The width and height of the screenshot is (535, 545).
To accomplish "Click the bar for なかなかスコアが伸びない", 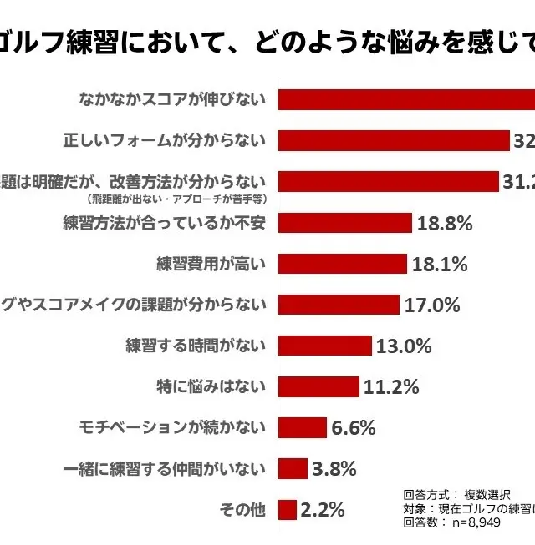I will [405, 99].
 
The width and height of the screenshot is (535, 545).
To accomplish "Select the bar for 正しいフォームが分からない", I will [394, 140].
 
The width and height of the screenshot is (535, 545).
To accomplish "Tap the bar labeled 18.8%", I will [345, 223].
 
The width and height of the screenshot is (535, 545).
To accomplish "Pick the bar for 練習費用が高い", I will [343, 264].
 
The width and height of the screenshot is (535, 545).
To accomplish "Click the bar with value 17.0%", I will [339, 305].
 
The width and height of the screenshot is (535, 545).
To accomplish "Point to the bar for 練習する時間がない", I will [325, 346].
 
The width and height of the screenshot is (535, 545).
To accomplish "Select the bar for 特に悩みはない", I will [318, 386].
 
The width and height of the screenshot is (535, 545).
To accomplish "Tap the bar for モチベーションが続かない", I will [303, 427].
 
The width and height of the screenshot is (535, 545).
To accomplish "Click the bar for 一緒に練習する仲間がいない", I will [293, 468].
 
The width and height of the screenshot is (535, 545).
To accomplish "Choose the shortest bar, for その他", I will [288, 509].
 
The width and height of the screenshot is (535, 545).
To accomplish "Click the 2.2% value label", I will [324, 509].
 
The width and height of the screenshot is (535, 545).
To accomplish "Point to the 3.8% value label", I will [334, 468].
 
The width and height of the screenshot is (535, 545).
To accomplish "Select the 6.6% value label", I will [354, 427].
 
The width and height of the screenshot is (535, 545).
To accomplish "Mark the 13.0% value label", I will [404, 346].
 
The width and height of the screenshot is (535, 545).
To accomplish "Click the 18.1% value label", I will [440, 264].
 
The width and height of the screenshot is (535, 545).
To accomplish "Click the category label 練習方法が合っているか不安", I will [164, 223].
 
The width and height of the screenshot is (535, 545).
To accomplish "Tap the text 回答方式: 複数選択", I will [456, 494].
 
